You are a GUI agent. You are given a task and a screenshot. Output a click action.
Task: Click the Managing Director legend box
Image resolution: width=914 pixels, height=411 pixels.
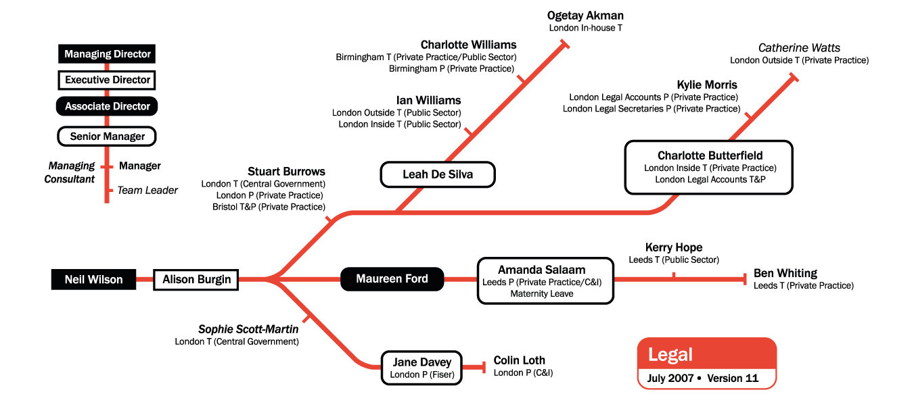108,54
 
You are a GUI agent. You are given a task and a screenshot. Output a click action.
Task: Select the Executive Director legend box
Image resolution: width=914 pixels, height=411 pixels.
108,80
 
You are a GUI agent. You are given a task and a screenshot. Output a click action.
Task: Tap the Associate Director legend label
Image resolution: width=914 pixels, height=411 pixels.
108,106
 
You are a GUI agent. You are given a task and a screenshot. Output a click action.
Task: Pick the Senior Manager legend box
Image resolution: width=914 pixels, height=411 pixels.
108,137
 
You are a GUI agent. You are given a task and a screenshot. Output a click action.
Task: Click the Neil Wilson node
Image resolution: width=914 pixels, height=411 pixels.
93,279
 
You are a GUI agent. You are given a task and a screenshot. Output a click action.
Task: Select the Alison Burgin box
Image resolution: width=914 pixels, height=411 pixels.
196,279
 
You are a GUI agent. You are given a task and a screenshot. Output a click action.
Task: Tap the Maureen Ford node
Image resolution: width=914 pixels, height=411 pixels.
392,279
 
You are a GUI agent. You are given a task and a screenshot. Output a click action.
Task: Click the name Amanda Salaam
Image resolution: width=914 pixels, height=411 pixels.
541,269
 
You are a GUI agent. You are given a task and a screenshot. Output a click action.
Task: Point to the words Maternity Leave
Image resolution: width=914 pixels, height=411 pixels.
541,293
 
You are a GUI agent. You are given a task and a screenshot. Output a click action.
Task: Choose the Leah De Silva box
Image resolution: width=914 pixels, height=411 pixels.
438,174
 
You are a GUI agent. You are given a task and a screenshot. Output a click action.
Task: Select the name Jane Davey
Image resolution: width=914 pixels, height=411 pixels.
421,362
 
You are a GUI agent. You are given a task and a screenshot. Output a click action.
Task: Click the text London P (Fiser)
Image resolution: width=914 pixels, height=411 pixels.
421,374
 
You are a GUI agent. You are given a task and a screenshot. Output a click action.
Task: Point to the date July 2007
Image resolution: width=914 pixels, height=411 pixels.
670,378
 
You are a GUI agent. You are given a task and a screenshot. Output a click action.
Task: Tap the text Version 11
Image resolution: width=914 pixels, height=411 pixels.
733,378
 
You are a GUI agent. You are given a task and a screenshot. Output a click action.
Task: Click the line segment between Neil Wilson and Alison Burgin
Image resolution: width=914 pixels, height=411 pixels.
145,279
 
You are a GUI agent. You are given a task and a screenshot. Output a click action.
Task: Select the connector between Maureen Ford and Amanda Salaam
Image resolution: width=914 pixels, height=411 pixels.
461,279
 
